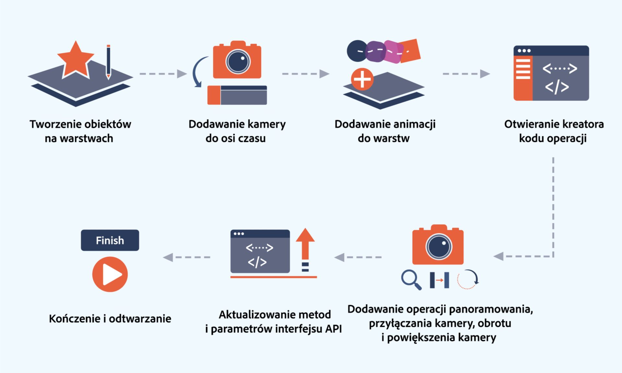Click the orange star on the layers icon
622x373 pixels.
point(76,60)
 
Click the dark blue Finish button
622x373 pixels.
point(110,240)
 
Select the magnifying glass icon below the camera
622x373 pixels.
point(411,279)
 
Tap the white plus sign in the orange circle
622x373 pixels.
point(362,79)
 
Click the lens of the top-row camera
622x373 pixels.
point(238,62)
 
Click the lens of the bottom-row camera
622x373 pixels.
point(439,246)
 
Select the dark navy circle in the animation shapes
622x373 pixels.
point(357,51)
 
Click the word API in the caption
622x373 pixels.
point(333,329)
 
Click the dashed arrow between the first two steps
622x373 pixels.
point(163,74)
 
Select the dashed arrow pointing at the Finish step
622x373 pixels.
point(186,257)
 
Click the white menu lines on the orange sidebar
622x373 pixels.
point(523,69)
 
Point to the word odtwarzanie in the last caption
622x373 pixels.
point(140,319)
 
